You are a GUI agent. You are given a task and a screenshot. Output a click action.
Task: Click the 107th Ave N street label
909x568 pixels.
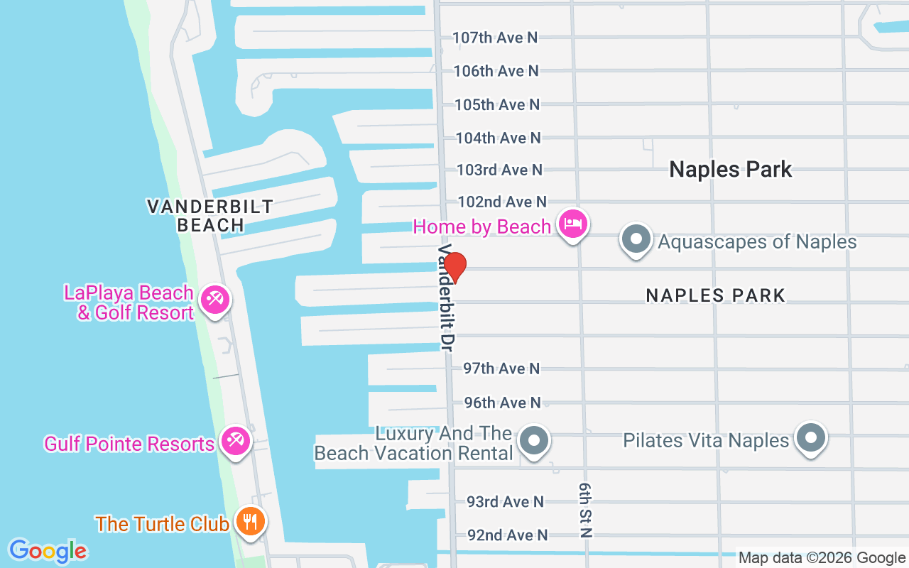click(x=495, y=38)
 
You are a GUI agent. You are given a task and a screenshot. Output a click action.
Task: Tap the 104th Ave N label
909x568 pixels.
click(x=498, y=138)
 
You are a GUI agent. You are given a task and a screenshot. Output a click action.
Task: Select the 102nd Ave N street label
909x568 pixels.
click(x=502, y=202)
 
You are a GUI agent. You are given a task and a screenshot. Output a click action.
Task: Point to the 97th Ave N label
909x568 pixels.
click(x=501, y=368)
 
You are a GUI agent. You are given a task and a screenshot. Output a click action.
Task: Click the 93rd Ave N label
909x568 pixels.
click(x=505, y=502)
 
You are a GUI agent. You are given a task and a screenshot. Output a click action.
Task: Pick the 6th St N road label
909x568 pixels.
click(x=585, y=509)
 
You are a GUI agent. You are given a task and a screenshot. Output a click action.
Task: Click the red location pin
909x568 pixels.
click(x=454, y=267)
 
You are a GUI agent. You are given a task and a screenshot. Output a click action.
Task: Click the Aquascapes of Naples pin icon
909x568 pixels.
click(x=636, y=239)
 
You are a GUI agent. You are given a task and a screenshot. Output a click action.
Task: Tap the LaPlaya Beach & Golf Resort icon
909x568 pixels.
click(x=214, y=300)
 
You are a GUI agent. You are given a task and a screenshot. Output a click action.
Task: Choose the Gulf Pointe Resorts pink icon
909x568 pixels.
click(x=234, y=442)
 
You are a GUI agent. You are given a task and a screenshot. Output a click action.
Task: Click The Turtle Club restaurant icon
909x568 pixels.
click(x=250, y=522)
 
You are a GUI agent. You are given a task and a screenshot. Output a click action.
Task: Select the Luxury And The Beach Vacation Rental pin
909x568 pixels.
click(x=534, y=441)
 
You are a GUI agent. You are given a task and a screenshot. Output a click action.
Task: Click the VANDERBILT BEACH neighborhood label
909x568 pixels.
click(x=210, y=216)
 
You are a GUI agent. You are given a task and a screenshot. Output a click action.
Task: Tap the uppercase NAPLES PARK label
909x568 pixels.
click(x=715, y=295)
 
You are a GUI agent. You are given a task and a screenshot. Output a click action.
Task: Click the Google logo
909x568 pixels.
click(x=48, y=550)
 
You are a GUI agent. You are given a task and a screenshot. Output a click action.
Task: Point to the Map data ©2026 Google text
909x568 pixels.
click(x=822, y=558)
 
